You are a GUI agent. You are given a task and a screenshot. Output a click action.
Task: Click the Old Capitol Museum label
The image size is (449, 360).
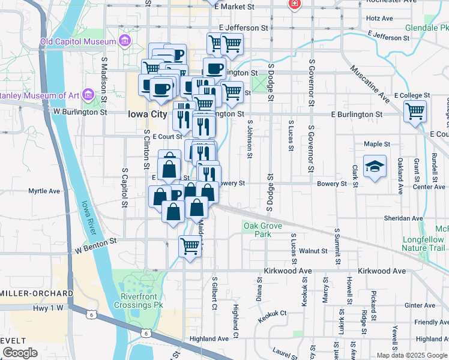coord(77,41)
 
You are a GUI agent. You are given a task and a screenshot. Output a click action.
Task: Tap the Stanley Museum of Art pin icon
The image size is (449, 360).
coord(88,95)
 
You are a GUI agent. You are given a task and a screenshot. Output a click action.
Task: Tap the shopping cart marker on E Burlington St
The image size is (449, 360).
coord(415,111)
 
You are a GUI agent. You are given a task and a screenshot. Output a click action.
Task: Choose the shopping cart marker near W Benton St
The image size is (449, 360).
coord(190,245)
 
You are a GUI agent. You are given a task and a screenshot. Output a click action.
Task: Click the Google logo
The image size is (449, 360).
coord(20,352)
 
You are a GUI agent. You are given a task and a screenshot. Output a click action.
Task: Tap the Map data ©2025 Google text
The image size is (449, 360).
coord(412,355)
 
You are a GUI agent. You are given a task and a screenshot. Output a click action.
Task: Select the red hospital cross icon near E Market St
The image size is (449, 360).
coord(294,5)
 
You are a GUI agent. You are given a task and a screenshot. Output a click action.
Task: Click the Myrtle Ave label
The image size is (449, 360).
coord(44,191)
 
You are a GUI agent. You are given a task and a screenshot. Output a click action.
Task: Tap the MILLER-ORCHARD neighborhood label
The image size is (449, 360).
coord(36,293)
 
